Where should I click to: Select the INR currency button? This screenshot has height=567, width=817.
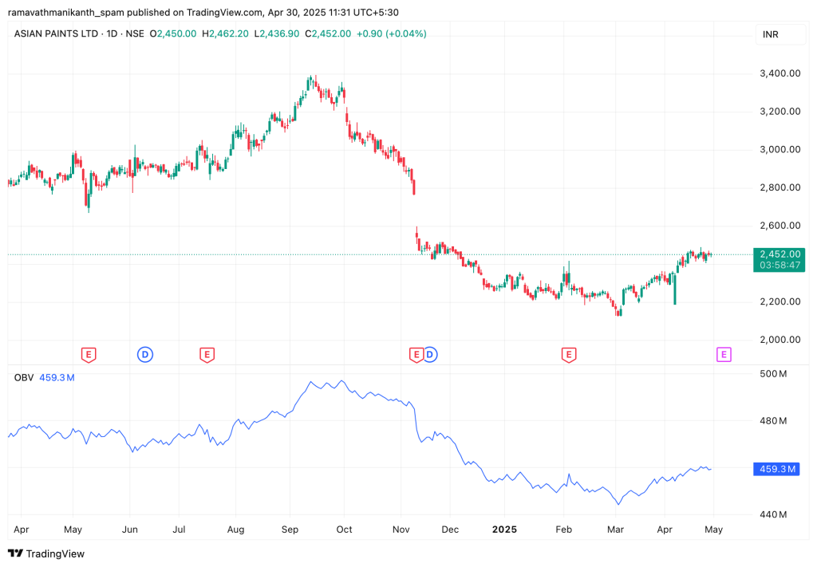pyautogui.click(x=771, y=34)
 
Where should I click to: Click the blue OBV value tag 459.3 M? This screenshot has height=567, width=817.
pyautogui.click(x=775, y=470)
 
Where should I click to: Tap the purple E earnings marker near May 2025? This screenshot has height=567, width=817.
pyautogui.click(x=724, y=355)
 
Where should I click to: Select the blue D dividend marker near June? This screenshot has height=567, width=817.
pyautogui.click(x=145, y=355)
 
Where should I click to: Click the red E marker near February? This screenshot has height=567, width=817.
pyautogui.click(x=569, y=355)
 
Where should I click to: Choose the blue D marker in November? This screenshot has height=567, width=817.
pyautogui.click(x=431, y=355)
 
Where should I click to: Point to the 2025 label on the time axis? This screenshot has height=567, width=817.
pyautogui.click(x=504, y=529)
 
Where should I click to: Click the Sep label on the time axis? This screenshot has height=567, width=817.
pyautogui.click(x=291, y=529)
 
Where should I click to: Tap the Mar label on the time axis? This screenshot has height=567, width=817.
pyautogui.click(x=615, y=529)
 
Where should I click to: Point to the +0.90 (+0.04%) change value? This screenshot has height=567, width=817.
pyautogui.click(x=392, y=33)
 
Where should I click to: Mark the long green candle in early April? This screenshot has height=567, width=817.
pyautogui.click(x=675, y=288)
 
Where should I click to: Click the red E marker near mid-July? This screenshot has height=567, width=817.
pyautogui.click(x=207, y=355)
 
